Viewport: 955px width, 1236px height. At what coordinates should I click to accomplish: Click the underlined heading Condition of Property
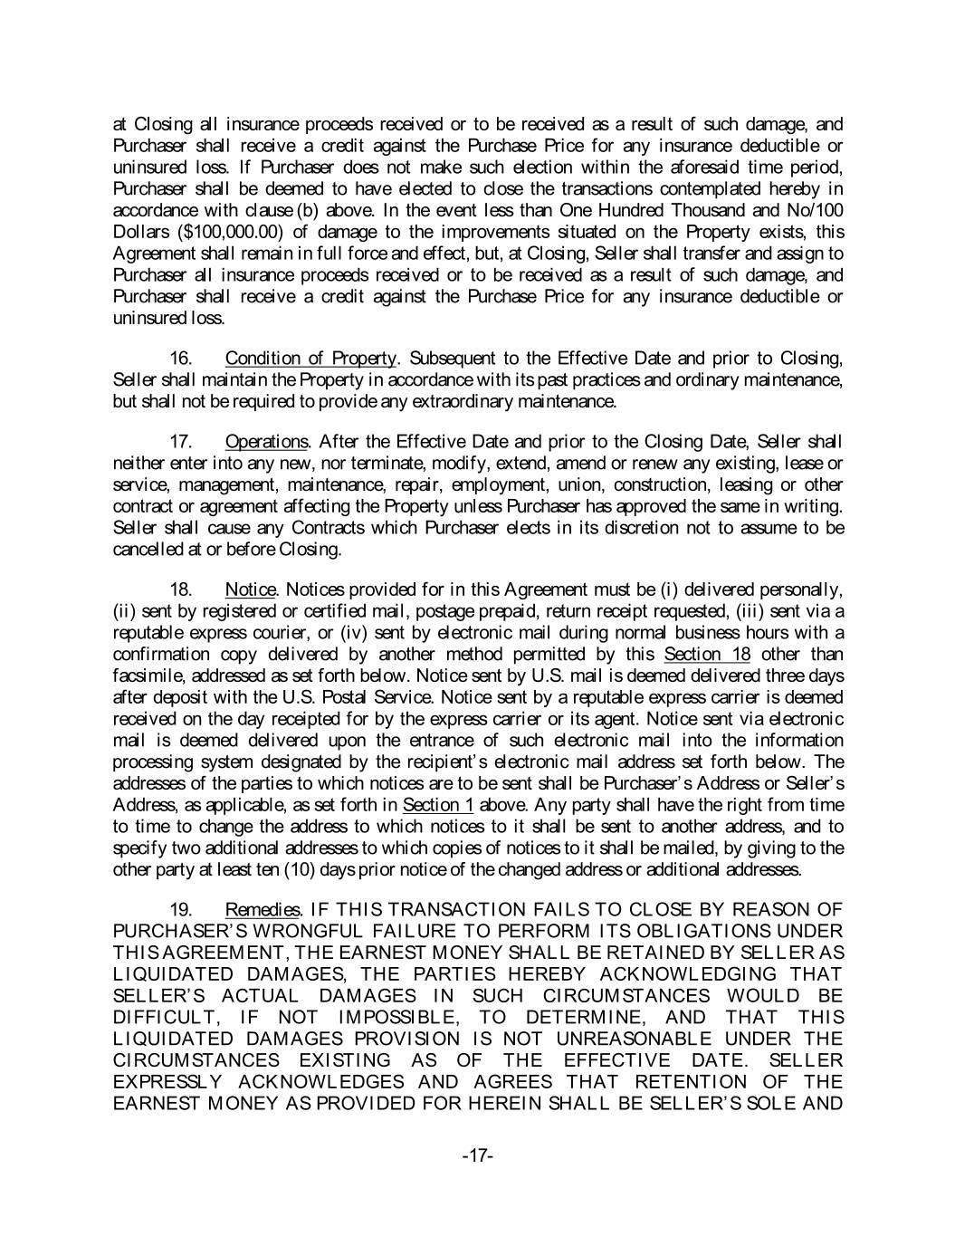point(310,358)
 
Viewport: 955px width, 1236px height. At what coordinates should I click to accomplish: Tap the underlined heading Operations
point(266,442)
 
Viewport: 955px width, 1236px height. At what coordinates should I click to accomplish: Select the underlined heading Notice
point(250,589)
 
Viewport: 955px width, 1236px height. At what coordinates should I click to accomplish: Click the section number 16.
point(184,358)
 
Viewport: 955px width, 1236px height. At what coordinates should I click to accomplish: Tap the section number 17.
point(184,442)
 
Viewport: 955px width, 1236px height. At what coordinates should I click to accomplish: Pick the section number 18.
point(184,589)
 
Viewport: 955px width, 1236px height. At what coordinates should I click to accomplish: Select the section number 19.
point(184,909)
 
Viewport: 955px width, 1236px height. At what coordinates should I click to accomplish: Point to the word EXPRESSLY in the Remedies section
point(169,1081)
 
